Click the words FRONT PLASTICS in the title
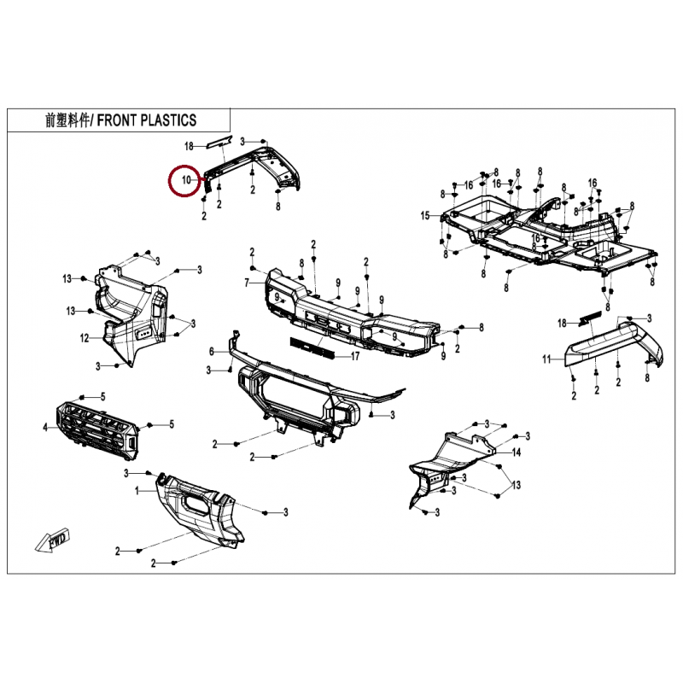tap(146, 120)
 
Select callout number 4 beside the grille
tap(46, 425)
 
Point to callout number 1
tap(137, 492)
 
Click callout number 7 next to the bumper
tap(247, 282)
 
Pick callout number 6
tap(213, 352)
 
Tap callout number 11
tap(547, 359)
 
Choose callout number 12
tap(85, 338)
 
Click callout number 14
tap(516, 452)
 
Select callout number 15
tap(424, 216)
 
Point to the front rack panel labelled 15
tap(546, 235)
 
